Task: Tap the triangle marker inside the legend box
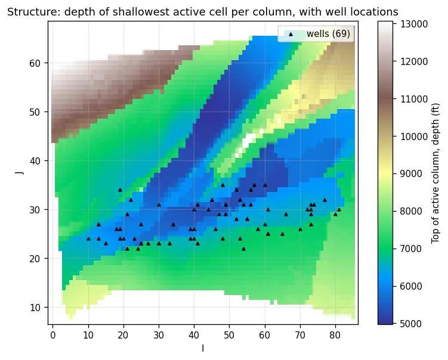(x=291, y=34)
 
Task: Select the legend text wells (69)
(x=328, y=34)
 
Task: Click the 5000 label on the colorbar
(x=411, y=324)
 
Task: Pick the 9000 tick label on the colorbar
(x=411, y=174)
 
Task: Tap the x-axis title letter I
(x=203, y=348)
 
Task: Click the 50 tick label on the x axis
(x=229, y=335)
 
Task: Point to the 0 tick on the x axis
(x=52, y=335)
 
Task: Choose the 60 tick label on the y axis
(x=35, y=63)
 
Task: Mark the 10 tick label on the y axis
(x=35, y=308)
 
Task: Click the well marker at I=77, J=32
(x=325, y=200)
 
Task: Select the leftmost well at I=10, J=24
(x=88, y=239)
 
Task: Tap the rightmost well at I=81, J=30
(x=339, y=210)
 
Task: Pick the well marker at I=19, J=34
(x=120, y=190)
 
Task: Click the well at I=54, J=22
(x=243, y=249)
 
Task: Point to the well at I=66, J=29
(x=286, y=215)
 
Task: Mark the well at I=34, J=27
(x=173, y=224)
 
